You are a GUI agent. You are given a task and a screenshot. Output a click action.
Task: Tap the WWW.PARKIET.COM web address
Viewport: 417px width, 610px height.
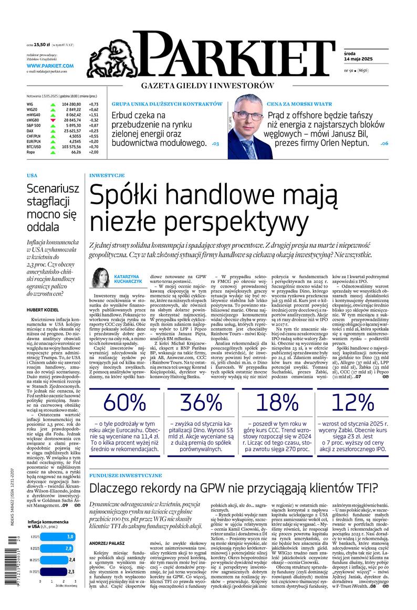coord(50,66)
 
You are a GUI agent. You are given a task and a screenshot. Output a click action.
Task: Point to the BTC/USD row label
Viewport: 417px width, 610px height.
coord(35,146)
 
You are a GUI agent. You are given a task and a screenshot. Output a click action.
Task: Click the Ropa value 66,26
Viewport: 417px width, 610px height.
coord(75,152)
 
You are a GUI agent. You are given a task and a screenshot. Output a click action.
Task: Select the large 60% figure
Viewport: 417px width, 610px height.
coord(124,402)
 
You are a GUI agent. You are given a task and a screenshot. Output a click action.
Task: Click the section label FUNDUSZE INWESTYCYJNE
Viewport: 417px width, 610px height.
coord(126,475)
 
